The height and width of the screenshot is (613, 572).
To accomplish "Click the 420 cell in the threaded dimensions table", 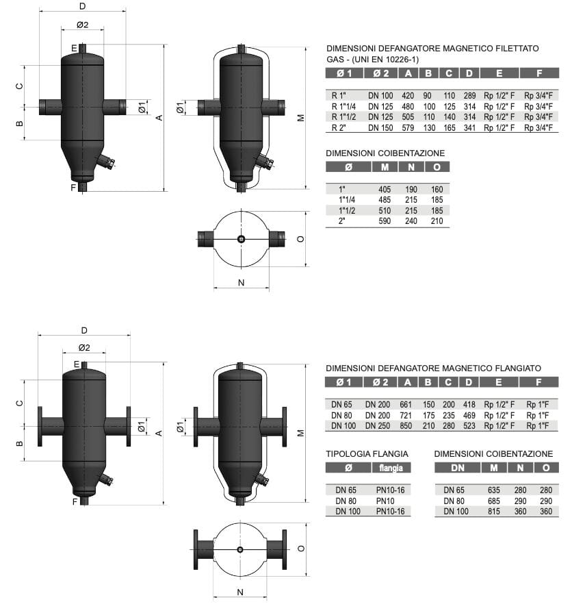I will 408,95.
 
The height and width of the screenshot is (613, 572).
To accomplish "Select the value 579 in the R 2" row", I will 408,128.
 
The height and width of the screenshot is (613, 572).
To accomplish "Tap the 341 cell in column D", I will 469,128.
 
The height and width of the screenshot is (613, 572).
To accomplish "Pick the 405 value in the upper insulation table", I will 384,188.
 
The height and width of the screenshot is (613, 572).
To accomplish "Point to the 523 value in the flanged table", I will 469,426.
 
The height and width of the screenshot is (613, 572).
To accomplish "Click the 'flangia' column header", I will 391,468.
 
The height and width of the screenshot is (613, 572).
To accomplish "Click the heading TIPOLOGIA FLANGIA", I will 367,453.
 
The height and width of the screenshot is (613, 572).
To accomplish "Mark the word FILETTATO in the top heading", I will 516,49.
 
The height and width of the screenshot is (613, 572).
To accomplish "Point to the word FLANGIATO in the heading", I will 517,368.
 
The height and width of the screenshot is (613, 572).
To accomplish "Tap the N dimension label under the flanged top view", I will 239,592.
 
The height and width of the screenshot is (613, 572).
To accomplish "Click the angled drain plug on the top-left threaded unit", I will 106,162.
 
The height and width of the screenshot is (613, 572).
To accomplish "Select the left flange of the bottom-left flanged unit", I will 41,425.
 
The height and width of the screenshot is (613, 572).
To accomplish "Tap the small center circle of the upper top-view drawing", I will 241,239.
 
